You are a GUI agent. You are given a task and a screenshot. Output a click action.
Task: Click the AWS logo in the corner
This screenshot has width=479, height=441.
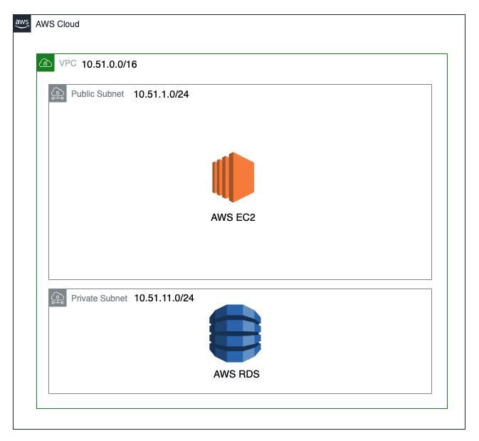pyautogui.click(x=22, y=23)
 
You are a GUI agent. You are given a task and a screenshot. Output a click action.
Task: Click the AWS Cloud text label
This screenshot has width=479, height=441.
pyautogui.click(x=57, y=24)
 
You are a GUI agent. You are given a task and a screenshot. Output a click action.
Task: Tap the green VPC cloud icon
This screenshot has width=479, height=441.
pyautogui.click(x=46, y=63)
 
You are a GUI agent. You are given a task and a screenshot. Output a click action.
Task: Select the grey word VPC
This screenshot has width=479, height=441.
pyautogui.click(x=68, y=63)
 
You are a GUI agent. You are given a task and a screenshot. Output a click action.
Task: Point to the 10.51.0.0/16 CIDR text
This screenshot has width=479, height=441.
pyautogui.click(x=110, y=64)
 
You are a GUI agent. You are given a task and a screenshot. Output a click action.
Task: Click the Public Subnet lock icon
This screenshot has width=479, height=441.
pyautogui.click(x=58, y=93)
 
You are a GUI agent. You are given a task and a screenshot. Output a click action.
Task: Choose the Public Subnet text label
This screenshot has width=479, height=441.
pyautogui.click(x=98, y=94)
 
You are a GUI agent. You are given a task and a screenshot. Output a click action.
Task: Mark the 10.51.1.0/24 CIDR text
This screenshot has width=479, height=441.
pyautogui.click(x=161, y=94)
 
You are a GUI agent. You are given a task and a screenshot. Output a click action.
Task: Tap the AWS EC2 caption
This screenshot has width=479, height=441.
pyautogui.click(x=233, y=217)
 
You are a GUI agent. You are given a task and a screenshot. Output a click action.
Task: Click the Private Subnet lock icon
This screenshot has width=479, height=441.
pyautogui.click(x=58, y=298)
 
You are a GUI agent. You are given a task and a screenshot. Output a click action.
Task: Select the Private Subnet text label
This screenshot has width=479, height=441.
pyautogui.click(x=99, y=299)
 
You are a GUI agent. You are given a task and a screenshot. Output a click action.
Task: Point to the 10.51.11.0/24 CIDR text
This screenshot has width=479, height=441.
pyautogui.click(x=164, y=299)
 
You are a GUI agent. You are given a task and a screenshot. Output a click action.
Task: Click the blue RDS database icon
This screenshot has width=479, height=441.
pyautogui.click(x=236, y=333)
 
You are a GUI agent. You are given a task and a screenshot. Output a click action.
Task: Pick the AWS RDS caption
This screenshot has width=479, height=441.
pyautogui.click(x=236, y=373)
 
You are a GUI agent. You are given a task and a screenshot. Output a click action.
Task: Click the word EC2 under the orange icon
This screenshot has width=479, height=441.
pyautogui.click(x=244, y=217)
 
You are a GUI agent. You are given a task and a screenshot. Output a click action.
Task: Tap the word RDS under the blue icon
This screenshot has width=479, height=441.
pyautogui.click(x=248, y=373)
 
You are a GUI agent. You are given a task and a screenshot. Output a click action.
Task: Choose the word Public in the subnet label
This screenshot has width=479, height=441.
pyautogui.click(x=83, y=94)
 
